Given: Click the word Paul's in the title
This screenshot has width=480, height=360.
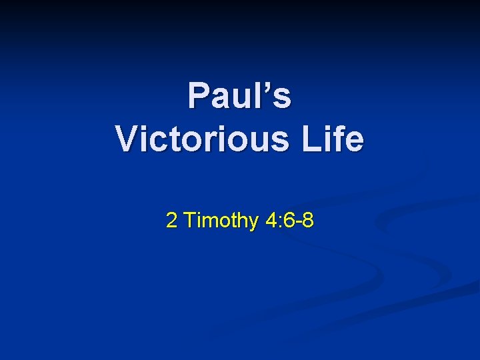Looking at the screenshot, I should [240, 95].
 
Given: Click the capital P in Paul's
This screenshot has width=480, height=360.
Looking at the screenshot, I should [198, 95].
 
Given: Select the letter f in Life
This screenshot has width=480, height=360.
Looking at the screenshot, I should [345, 139].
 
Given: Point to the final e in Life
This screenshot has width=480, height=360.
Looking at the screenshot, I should [357, 142].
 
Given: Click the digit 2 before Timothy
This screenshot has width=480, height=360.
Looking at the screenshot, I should [171, 221].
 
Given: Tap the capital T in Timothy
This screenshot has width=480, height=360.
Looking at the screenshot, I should [189, 220].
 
